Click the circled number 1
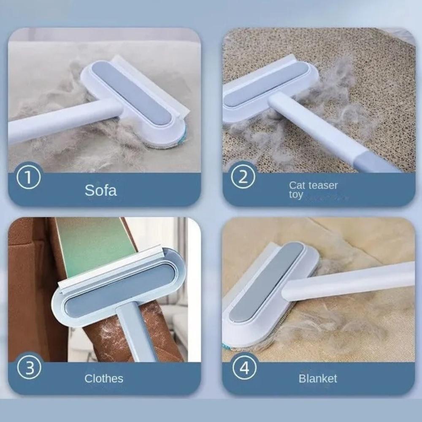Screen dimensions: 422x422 (29, 178)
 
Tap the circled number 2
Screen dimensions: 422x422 (243, 178)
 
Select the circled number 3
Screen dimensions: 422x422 (29, 368)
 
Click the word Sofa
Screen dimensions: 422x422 (100, 190)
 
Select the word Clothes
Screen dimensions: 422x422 (104, 378)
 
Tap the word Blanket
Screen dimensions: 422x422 (318, 379)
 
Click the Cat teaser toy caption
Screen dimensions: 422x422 (313, 189)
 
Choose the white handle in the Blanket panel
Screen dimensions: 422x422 (350, 281)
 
